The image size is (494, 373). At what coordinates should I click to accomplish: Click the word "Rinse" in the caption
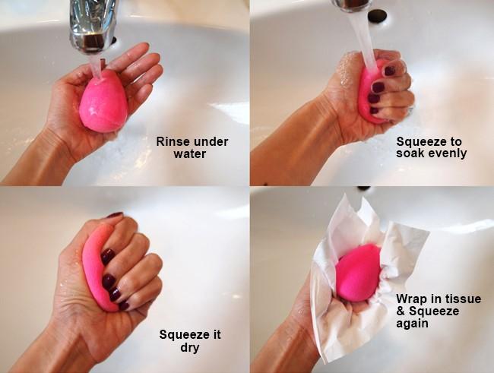173,141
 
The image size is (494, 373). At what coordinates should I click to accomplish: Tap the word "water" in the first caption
190,153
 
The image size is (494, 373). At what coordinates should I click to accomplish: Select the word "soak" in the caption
410,153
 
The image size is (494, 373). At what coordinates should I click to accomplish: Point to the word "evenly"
447,153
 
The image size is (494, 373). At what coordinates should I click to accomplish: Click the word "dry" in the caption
190,348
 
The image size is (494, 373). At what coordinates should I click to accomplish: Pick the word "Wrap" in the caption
411,299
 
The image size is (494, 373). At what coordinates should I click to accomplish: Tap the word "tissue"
463,299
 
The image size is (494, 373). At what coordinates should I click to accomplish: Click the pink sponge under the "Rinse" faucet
103,102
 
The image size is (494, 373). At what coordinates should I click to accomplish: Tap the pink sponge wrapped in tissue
358,272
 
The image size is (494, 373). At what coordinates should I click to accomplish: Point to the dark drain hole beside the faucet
377,14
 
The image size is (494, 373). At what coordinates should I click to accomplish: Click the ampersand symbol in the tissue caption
401,311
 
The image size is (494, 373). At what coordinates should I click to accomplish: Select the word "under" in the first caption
211,141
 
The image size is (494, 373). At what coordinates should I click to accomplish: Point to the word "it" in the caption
217,334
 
